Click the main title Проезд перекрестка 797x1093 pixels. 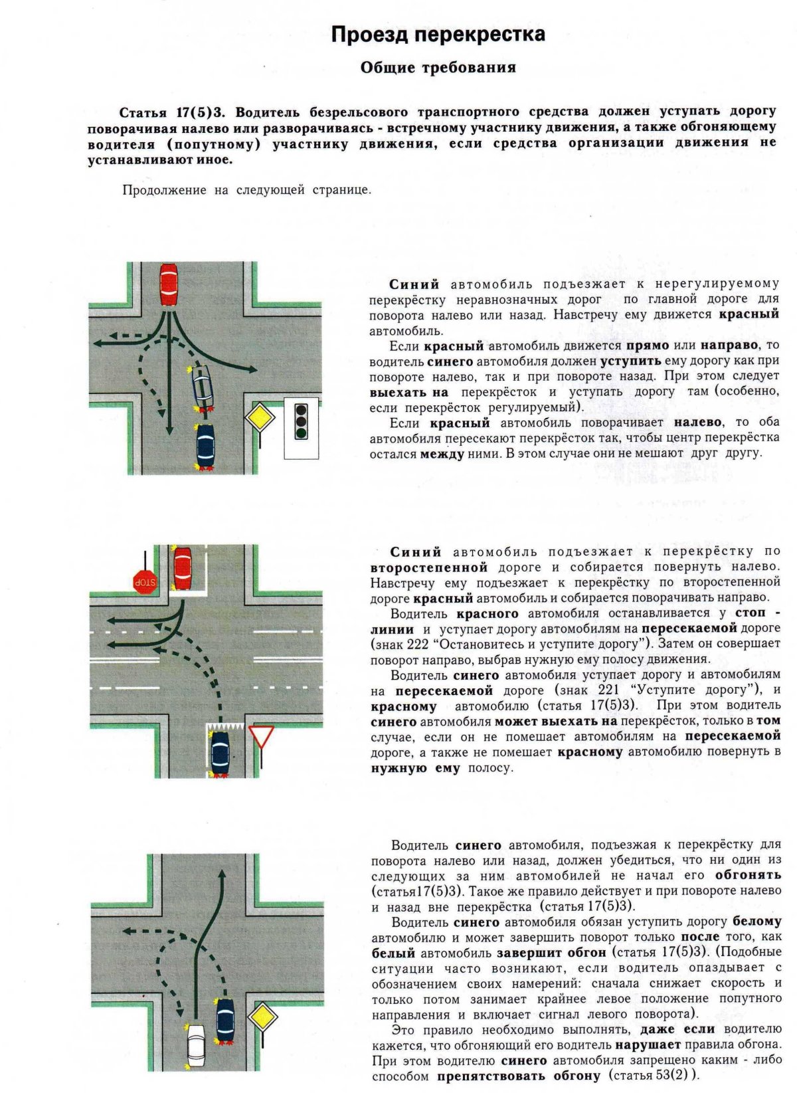point(438,35)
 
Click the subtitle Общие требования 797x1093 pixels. point(438,67)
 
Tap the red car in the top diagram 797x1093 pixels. point(169,284)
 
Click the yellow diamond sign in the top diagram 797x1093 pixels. point(260,419)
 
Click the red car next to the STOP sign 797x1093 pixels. point(182,568)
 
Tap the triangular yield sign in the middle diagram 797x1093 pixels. point(262,736)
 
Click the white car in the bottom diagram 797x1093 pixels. point(196,1044)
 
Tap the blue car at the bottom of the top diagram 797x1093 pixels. point(206,445)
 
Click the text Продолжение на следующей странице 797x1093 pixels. point(246,190)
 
